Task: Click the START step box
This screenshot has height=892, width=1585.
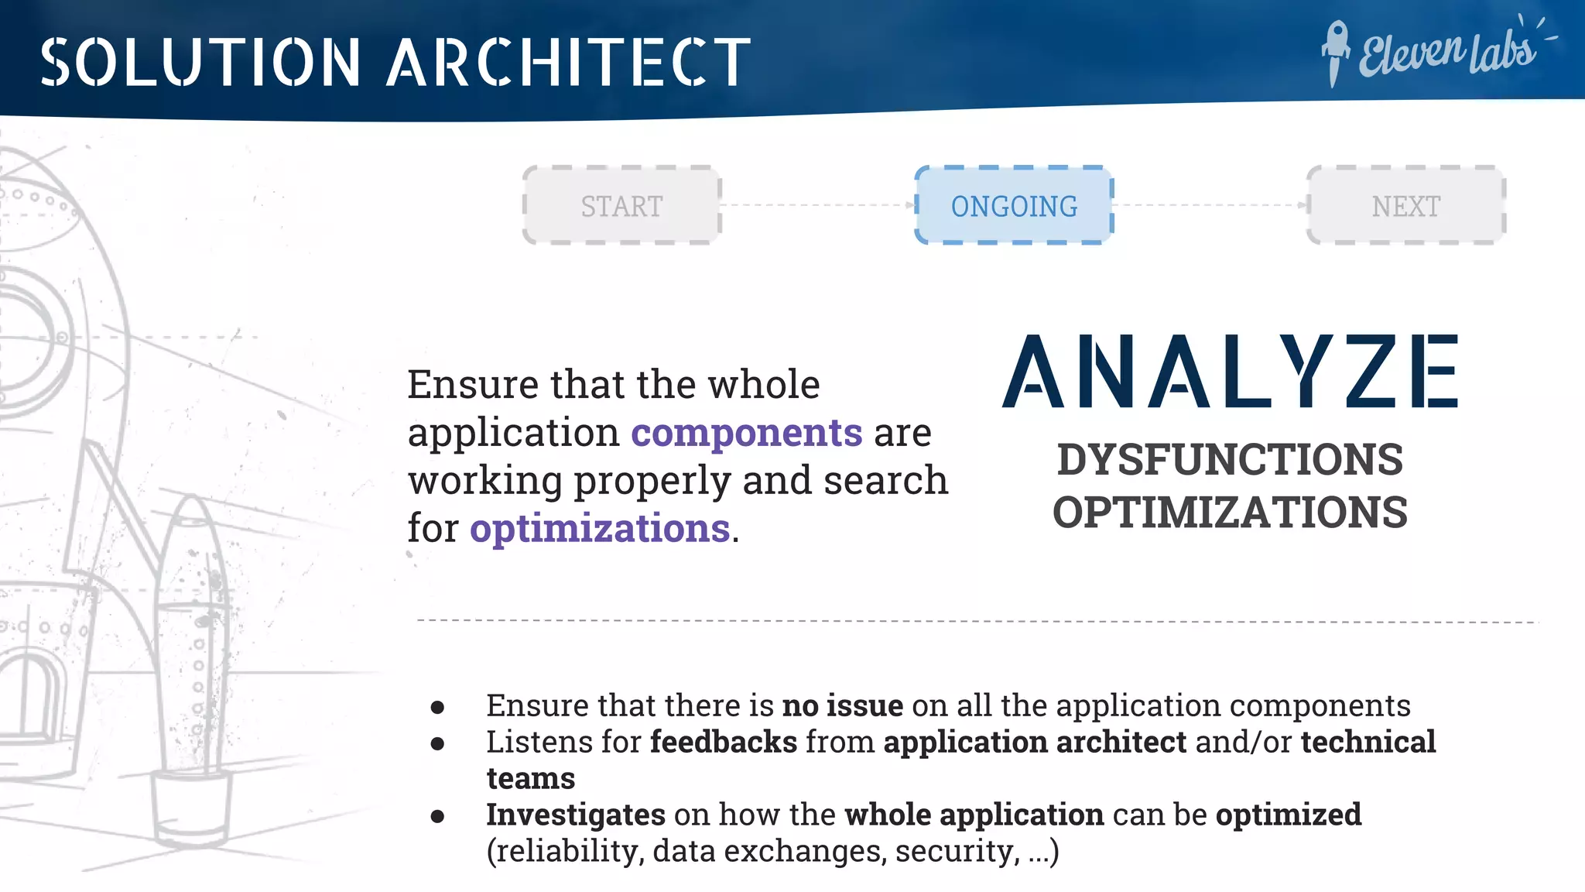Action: click(x=621, y=206)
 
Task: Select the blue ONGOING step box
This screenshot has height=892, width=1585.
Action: click(x=1014, y=206)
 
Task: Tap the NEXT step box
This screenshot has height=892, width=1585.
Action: click(x=1405, y=206)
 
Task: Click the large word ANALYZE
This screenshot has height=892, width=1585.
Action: click(x=1231, y=372)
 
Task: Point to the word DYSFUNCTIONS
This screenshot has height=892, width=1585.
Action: click(x=1230, y=459)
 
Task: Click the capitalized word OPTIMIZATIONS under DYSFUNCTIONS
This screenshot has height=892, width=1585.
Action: click(x=1230, y=513)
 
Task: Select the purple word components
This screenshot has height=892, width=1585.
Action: click(x=746, y=432)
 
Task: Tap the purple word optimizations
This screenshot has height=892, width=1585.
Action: click(x=600, y=529)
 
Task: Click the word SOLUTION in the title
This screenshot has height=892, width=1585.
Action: click(x=200, y=62)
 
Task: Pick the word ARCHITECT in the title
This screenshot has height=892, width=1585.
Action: click(x=569, y=62)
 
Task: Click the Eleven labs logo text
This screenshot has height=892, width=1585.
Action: click(x=1447, y=53)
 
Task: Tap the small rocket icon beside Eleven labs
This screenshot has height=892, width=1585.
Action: click(x=1335, y=53)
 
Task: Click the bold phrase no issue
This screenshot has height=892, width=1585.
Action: click(x=843, y=705)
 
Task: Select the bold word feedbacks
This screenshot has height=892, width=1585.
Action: click(x=723, y=742)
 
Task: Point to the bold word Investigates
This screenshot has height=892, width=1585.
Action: click(x=576, y=815)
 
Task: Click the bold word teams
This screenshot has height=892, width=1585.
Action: click(x=531, y=778)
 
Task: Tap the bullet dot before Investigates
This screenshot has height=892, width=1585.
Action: click(x=438, y=816)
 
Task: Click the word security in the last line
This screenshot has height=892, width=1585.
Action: click(x=957, y=851)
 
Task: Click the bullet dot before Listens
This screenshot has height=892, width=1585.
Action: click(x=438, y=743)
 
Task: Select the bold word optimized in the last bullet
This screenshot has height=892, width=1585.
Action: click(x=1288, y=815)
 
